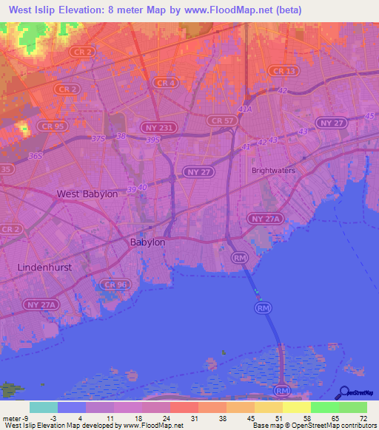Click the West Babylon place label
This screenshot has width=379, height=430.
point(87,194)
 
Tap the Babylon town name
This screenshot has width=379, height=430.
point(147,242)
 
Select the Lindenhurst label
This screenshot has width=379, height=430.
point(45,267)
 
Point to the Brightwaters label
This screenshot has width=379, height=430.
point(273,170)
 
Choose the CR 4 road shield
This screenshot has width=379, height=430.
point(164,83)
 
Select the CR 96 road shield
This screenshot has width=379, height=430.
point(116,284)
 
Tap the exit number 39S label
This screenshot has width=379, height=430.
point(152,140)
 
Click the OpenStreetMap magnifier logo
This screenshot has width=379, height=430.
point(343,392)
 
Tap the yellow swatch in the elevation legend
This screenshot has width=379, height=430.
point(296,407)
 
